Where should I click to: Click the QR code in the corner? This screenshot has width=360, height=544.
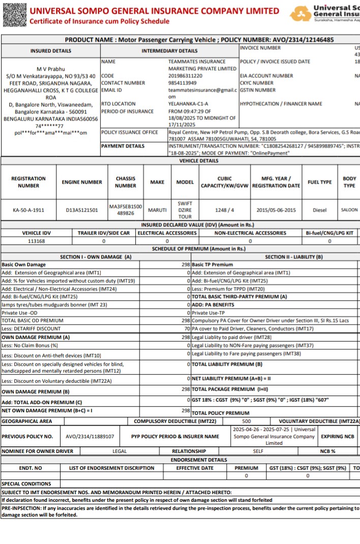14,14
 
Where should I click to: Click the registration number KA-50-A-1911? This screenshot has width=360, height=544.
28,209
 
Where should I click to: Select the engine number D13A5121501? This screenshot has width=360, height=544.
82,209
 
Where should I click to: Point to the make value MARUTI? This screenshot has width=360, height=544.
157,209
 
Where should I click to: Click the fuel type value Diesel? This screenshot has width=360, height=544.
320,209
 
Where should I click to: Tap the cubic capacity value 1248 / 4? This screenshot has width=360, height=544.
225,209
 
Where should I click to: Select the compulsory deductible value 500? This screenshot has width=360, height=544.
246,421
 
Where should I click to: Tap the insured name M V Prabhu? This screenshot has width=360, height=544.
51,69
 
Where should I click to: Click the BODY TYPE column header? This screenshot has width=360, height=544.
349,182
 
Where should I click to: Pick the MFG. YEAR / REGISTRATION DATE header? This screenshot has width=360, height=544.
276,182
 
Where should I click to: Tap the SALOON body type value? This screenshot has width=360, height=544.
349,209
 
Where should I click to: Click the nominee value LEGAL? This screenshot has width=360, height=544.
119,451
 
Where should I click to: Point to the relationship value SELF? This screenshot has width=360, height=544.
258,451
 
